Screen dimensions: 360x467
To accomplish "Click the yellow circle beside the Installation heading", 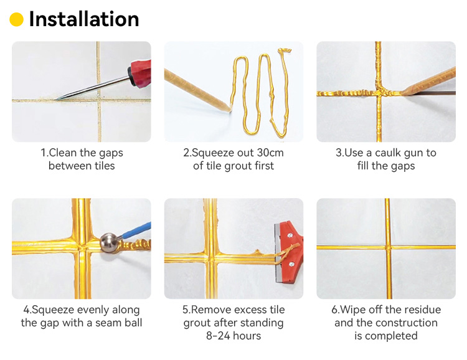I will (17, 20).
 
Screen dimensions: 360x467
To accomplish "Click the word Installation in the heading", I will (84, 19).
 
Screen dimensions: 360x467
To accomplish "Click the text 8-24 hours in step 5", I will (233, 336).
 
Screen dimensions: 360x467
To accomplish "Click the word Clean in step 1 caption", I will (62, 153).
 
